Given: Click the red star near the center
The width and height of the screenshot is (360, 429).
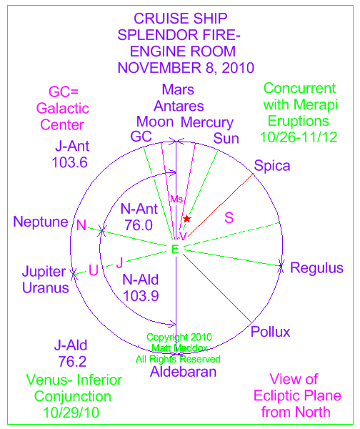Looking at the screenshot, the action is (x=187, y=219).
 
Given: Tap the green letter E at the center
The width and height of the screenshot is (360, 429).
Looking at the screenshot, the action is (x=175, y=250).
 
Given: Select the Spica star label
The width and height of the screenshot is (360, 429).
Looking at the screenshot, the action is (x=272, y=166).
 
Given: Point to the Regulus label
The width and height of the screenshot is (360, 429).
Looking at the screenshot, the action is (x=316, y=267).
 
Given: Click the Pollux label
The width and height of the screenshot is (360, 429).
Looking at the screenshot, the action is (x=270, y=332).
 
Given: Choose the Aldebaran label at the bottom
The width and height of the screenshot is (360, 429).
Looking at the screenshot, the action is (x=183, y=372).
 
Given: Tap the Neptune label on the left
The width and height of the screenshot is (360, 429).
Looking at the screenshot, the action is (x=41, y=222).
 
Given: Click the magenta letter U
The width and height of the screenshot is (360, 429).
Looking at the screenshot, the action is (x=94, y=270).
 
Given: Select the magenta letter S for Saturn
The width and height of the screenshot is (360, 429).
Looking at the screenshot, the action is (x=229, y=218).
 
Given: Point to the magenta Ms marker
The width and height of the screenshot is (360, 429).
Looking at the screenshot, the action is (x=176, y=199).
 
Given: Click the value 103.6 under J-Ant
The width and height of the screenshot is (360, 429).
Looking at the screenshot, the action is (x=70, y=162).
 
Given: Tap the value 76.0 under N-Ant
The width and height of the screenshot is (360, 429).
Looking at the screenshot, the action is (x=139, y=225).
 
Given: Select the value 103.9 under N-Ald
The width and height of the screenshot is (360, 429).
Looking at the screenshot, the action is (x=141, y=296).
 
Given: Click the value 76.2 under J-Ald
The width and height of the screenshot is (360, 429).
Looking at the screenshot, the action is (x=72, y=361).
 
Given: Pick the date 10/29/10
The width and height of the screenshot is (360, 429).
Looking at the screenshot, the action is (x=71, y=413).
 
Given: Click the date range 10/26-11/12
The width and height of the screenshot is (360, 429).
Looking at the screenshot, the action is (x=299, y=137).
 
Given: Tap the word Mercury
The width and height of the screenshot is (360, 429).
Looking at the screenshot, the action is (x=207, y=123).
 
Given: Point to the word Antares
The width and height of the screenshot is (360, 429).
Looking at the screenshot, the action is (x=179, y=106).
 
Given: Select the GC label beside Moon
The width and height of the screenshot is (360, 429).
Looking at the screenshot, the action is (x=141, y=137).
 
